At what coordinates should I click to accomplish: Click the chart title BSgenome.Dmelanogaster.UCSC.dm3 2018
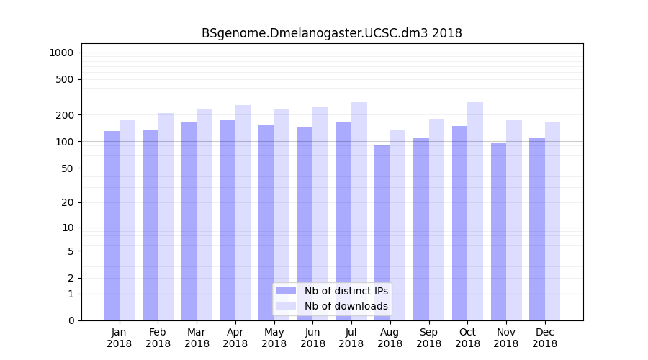331,33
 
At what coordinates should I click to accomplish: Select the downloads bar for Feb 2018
166,217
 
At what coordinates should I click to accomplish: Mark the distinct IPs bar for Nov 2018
498,231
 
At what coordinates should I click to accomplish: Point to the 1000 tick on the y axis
61,53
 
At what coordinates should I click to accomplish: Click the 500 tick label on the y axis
65,79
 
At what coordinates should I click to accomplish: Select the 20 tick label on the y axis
68,202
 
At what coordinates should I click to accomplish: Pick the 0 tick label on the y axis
71,320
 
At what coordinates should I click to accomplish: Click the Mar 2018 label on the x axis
197,338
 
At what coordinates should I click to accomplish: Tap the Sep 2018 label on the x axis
428,338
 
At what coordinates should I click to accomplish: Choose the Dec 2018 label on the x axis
544,338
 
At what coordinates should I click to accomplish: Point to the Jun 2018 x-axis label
312,338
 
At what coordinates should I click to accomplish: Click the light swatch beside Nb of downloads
286,306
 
